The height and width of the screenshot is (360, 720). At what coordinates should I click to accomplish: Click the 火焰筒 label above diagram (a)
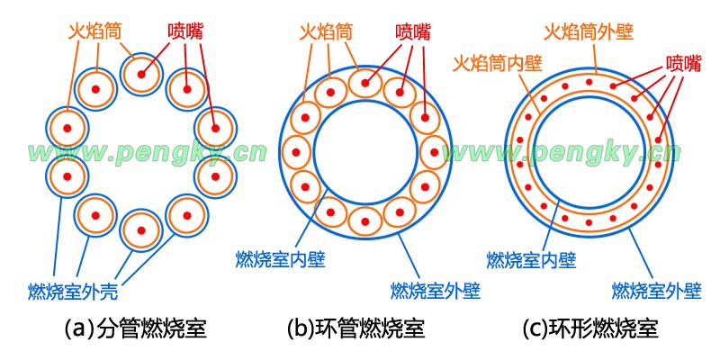[94, 30]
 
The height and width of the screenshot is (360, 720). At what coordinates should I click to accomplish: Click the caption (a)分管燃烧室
[137, 329]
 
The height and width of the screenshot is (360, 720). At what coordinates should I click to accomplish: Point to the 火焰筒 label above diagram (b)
[327, 31]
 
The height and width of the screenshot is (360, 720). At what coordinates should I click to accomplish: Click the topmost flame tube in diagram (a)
[141, 70]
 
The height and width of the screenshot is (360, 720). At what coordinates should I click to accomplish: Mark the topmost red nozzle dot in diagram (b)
[366, 84]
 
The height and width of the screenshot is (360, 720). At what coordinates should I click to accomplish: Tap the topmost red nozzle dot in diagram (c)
[589, 82]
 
